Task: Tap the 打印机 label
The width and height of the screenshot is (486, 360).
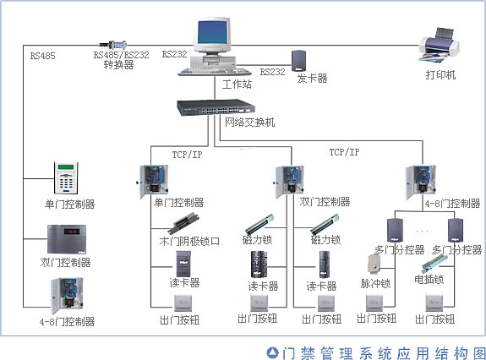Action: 440,75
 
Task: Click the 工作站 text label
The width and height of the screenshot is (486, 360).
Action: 237,85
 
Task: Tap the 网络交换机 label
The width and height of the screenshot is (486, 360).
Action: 249,123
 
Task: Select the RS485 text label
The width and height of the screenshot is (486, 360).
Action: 42,57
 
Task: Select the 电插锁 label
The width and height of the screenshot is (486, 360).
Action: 429,278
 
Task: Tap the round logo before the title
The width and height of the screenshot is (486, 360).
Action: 272,351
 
